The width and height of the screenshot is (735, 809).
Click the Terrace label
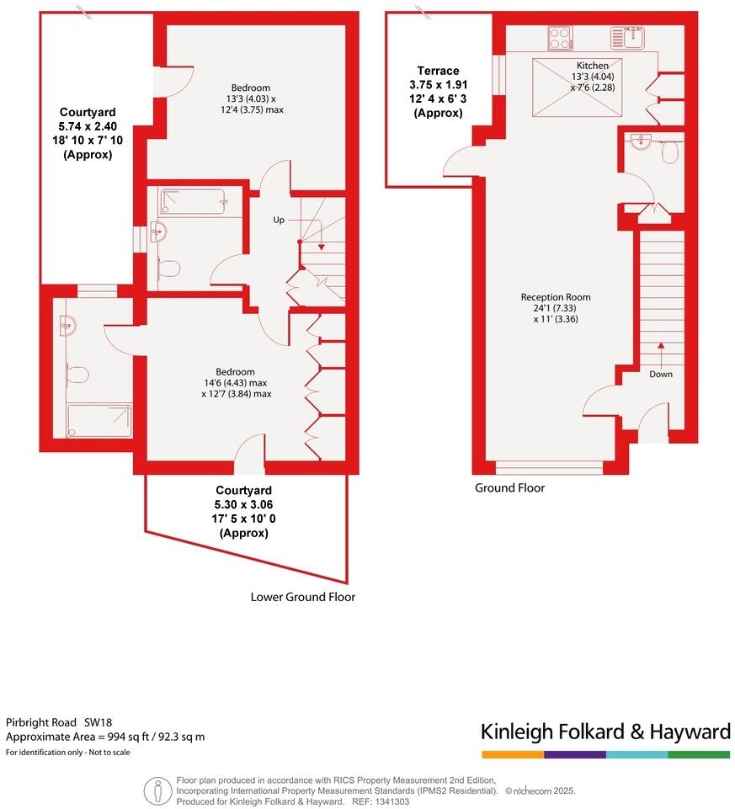tap(438, 71)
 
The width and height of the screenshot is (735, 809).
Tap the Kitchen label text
tap(592, 66)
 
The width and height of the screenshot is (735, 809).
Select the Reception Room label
tap(555, 297)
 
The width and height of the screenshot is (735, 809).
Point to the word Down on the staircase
tap(661, 374)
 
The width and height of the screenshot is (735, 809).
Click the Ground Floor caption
tap(509, 488)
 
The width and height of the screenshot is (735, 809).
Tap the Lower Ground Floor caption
tap(302, 597)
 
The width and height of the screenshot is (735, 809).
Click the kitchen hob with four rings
tap(560, 37)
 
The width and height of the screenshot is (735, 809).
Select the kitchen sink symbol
tap(627, 37)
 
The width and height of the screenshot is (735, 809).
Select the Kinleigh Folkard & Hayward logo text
tap(605, 731)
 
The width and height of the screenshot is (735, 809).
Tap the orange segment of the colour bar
tap(512, 754)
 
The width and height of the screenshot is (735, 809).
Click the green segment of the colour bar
tap(699, 754)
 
